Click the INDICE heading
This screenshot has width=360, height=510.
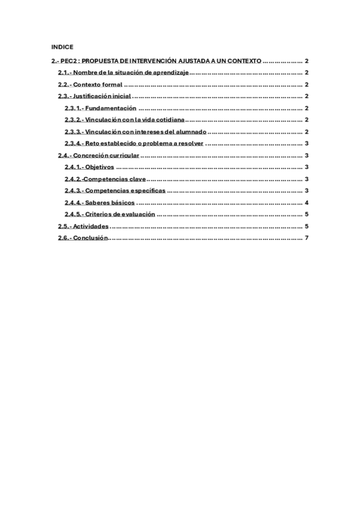62,46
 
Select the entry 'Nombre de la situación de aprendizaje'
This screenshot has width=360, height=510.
132,73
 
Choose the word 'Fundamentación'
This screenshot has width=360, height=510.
111,108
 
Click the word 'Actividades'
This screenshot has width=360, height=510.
91,226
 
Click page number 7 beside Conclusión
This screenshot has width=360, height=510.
307,238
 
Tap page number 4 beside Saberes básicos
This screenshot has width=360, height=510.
307,203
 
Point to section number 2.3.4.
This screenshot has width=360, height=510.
72,144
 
